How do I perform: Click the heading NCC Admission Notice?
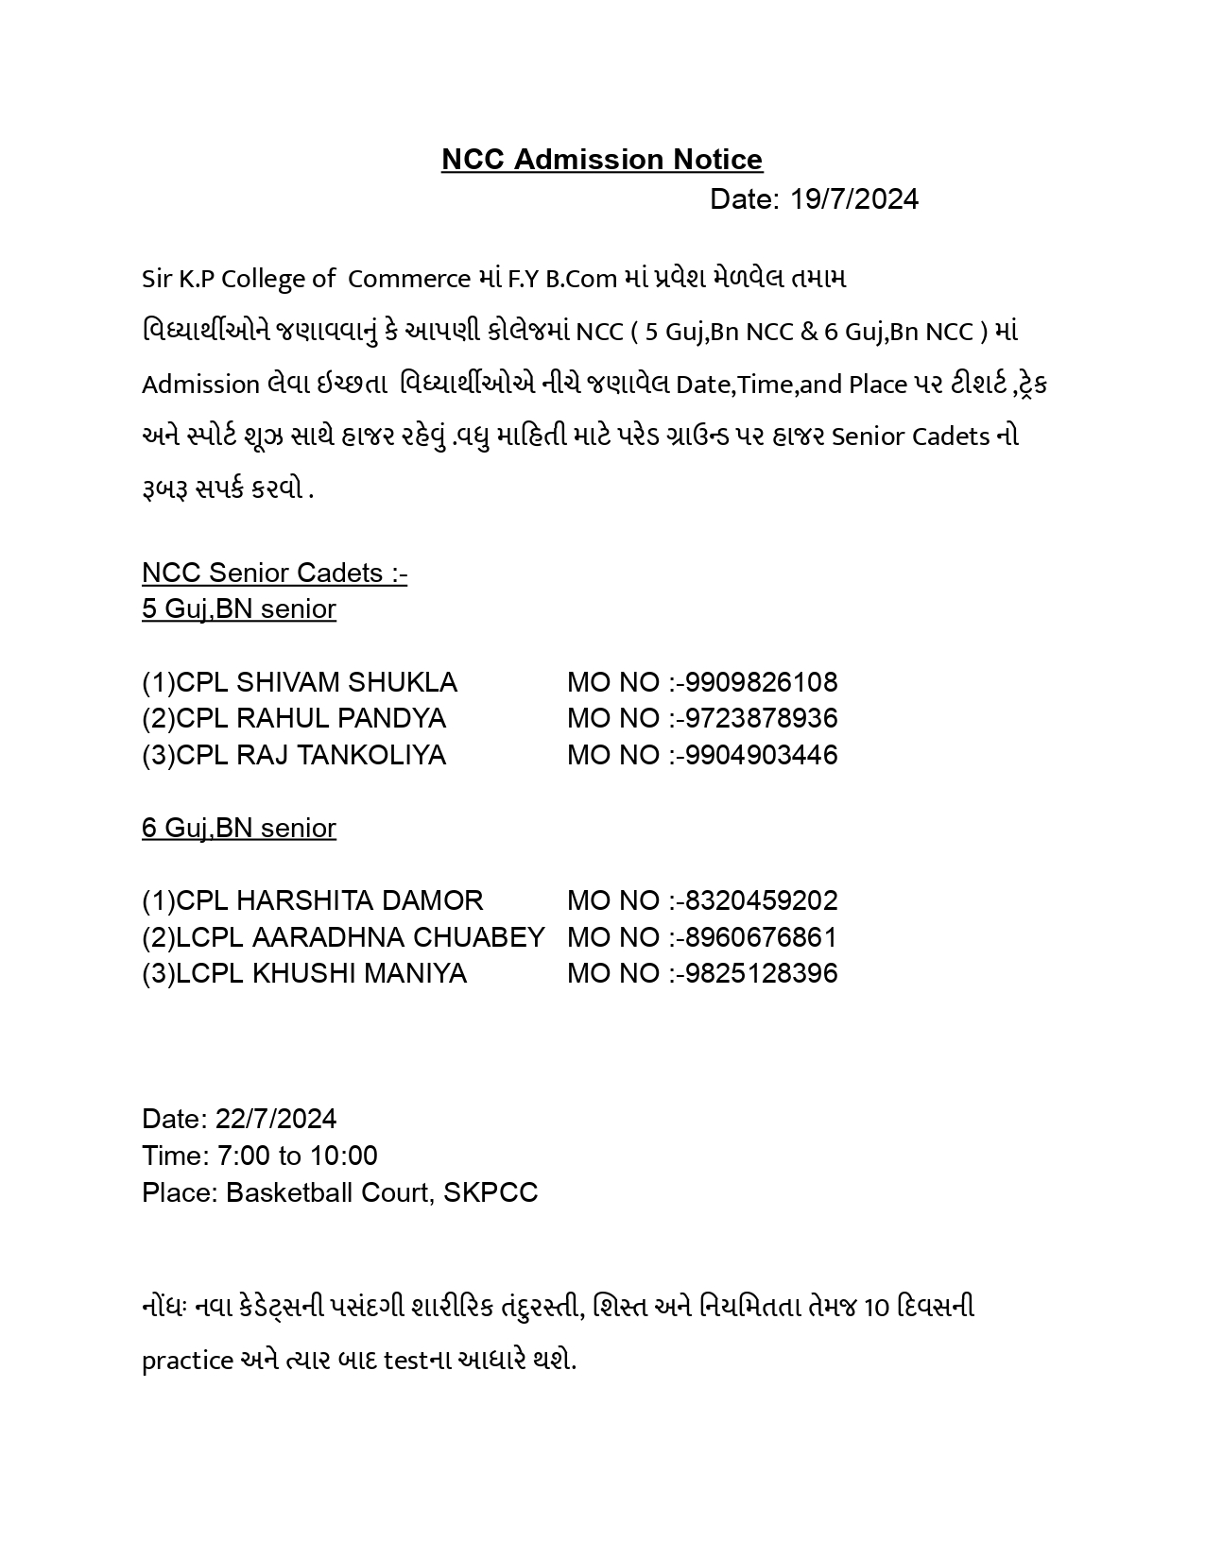coord(601,160)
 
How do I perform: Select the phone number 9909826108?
coord(761,682)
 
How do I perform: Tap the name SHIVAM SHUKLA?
coord(346,682)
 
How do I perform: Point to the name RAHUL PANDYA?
coord(340,718)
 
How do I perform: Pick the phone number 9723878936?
coord(761,718)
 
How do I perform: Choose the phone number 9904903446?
coord(761,755)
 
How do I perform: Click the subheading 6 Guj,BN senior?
coord(239,828)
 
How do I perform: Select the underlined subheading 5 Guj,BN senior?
coord(239,609)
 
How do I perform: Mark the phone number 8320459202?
coord(761,900)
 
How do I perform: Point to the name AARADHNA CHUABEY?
coord(398,937)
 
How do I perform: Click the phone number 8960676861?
coord(761,937)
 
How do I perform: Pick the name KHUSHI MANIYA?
coord(359,974)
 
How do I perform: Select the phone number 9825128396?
coord(761,974)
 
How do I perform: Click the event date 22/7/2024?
coord(276,1119)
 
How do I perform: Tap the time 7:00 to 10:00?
coord(297,1156)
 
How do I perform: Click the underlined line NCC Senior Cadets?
coord(274,573)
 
